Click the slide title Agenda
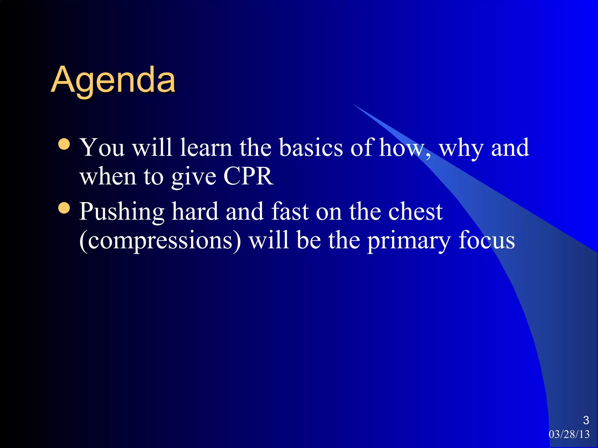point(113,80)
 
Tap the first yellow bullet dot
point(64,144)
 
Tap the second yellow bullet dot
point(64,208)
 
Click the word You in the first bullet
point(102,148)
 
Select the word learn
point(206,148)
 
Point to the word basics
point(311,148)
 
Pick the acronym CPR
point(248,176)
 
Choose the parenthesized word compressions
point(160,241)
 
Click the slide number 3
point(586,420)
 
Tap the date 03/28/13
point(569,434)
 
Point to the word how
point(401,148)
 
